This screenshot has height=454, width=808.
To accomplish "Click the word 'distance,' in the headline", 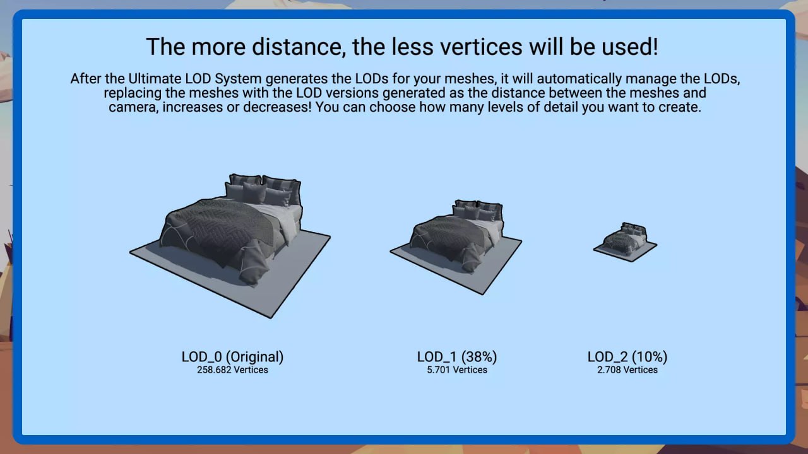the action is [299, 47].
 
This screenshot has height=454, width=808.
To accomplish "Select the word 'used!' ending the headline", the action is [627, 47].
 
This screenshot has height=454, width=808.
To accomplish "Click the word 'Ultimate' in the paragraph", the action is [155, 79].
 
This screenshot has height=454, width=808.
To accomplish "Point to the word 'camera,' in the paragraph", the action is [133, 107].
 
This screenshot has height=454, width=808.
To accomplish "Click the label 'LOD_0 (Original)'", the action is [233, 357].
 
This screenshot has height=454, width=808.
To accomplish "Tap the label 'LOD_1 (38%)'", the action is [457, 357].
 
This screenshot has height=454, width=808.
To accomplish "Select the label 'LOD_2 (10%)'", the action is [627, 357].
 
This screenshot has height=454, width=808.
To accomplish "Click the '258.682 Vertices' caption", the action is [233, 370].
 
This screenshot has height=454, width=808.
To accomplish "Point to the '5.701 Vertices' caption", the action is [457, 370].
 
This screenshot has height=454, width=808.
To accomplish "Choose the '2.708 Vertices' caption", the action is [627, 370].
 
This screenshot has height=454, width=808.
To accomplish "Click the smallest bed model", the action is [626, 241].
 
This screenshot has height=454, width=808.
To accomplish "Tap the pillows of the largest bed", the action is [263, 191].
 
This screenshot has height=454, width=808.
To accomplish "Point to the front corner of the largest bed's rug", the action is [271, 317].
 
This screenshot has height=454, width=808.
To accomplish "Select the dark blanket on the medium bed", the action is [451, 238].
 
